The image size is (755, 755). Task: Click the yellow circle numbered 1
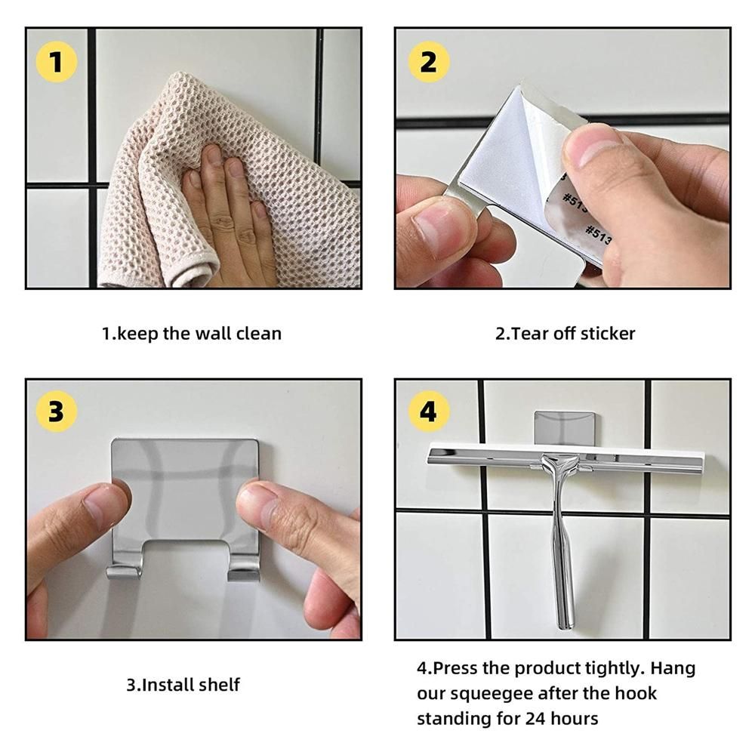[x=57, y=62]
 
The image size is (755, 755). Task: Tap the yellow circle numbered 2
[x=429, y=62]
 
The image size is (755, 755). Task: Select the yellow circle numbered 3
[x=57, y=411]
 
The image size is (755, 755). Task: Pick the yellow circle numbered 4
[x=429, y=411]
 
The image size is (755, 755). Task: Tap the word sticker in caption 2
[x=608, y=333]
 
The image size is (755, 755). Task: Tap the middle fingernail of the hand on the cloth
[x=236, y=168]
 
